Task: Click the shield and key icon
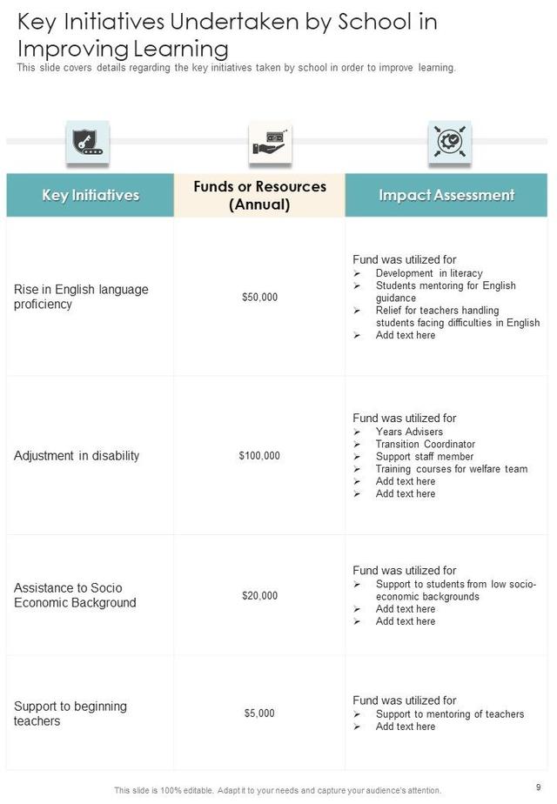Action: click(87, 142)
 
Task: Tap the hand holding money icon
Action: click(270, 142)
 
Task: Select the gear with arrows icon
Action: click(449, 142)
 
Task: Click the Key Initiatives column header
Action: click(91, 195)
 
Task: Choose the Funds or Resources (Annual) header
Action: click(259, 196)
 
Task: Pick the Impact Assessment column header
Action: click(446, 195)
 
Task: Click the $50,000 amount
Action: click(259, 298)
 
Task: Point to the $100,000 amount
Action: click(259, 456)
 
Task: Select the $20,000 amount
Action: click(259, 596)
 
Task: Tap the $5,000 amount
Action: click(259, 714)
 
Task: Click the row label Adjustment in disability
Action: click(77, 456)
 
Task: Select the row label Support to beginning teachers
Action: click(70, 714)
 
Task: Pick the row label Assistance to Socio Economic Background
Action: click(75, 596)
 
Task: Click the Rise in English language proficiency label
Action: click(81, 297)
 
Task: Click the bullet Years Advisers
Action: click(409, 432)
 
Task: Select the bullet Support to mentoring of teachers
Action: click(449, 714)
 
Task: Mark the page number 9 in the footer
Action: click(539, 787)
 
